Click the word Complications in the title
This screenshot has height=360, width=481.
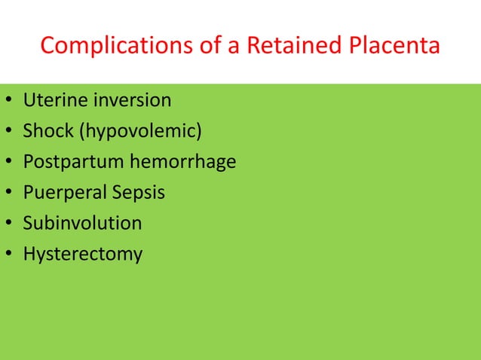pyautogui.click(x=109, y=46)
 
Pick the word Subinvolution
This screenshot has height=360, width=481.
pyautogui.click(x=82, y=224)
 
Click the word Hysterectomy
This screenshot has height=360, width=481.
pyautogui.click(x=83, y=255)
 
